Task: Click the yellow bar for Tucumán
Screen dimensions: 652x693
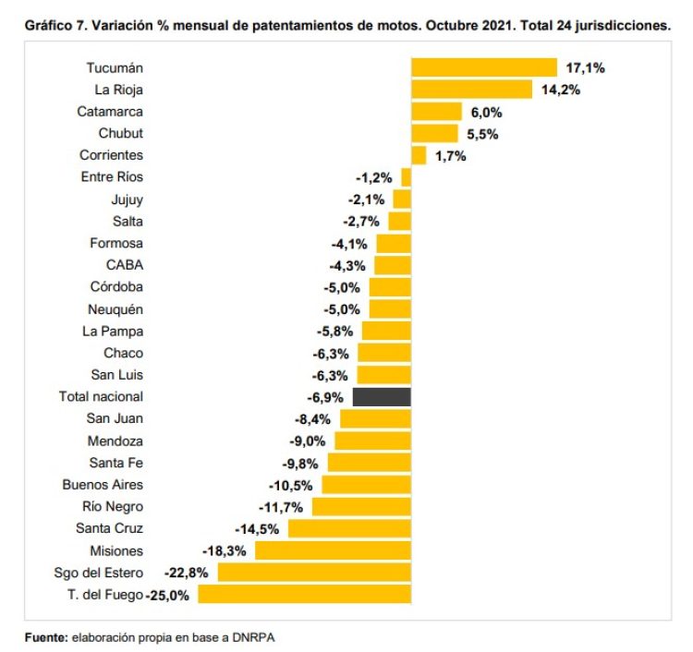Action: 483,67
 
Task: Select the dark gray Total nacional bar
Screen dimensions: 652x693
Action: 382,397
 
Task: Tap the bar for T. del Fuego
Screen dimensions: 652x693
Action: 304,595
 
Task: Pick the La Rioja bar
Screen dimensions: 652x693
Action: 471,90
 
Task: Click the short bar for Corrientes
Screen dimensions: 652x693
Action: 419,155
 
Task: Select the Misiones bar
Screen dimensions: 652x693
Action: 333,550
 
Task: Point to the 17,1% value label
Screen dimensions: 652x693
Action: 584,67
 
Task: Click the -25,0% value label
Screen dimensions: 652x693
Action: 167,596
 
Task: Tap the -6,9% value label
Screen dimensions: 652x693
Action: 324,397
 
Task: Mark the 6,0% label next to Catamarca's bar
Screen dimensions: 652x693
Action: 486,112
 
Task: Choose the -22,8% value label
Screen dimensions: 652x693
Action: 187,573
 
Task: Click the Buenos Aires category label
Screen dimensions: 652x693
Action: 103,485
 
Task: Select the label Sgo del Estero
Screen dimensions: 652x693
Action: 99,573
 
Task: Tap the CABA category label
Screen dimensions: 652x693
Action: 125,265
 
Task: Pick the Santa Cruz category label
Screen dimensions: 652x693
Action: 109,528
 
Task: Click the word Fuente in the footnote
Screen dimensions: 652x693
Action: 44,636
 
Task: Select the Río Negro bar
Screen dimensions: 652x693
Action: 361,507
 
